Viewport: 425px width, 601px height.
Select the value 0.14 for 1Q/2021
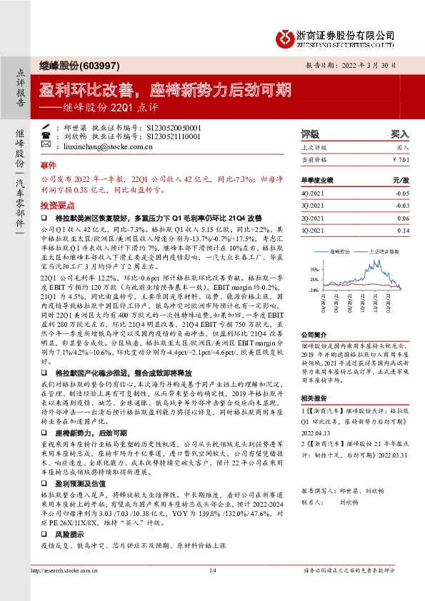[x=404, y=231]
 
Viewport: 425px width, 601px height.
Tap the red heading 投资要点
[x=57, y=203]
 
